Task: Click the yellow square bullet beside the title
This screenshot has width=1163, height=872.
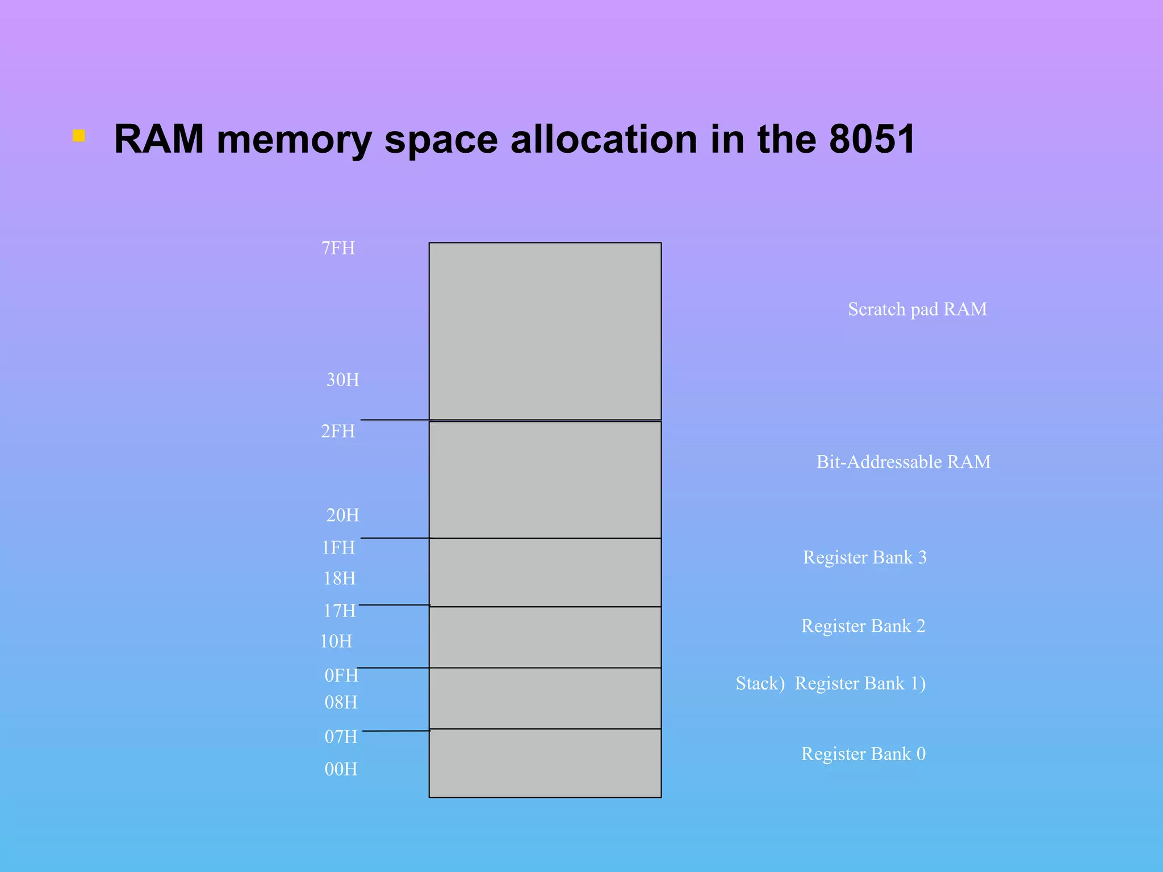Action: click(79, 136)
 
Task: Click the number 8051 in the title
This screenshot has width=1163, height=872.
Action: click(872, 139)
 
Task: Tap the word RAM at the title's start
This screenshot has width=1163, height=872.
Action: click(159, 139)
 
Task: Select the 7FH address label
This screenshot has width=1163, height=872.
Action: click(338, 249)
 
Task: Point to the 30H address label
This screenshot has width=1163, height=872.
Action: click(342, 380)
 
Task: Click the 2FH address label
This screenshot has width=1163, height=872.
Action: click(338, 431)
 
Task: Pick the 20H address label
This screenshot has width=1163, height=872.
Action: click(342, 515)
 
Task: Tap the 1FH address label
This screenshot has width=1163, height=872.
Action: click(338, 548)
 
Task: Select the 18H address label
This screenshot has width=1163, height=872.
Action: click(340, 578)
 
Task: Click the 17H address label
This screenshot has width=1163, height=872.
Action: click(340, 611)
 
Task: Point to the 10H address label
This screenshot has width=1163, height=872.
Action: click(336, 642)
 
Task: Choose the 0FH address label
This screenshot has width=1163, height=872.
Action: click(341, 676)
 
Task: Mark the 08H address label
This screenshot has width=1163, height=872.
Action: click(341, 703)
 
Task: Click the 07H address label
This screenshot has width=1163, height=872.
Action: click(341, 737)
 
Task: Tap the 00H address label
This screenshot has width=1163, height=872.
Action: click(341, 769)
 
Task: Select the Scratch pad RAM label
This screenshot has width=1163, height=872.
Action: click(917, 309)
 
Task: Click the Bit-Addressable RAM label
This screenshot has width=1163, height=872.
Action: click(903, 462)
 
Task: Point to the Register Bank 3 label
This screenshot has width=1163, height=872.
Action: click(864, 557)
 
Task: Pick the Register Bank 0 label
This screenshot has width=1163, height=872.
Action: click(863, 754)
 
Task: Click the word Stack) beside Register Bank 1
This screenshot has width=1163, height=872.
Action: click(760, 684)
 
